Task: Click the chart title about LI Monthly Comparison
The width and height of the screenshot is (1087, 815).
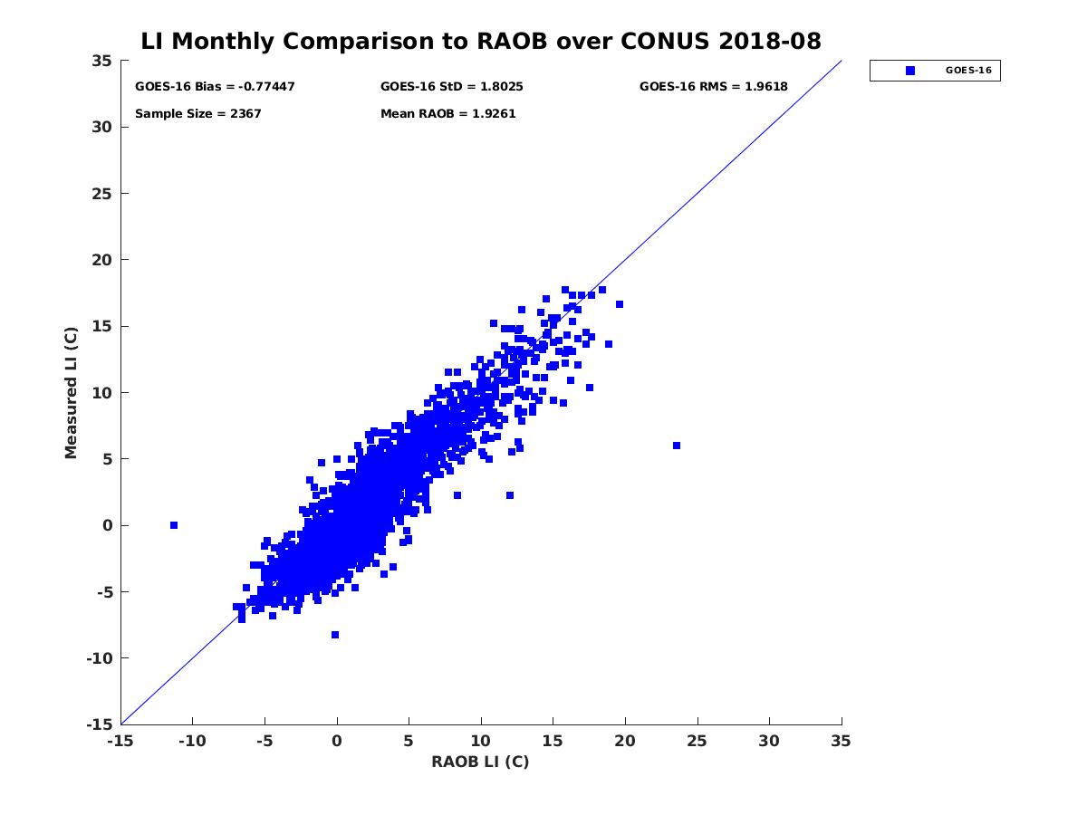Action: pos(481,42)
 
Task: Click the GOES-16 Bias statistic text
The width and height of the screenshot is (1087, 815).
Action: pos(215,87)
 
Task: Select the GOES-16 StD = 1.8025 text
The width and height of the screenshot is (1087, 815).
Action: pos(451,87)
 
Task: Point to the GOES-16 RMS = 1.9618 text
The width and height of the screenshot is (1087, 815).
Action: pos(713,87)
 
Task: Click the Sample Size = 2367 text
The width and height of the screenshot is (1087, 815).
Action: pos(197,114)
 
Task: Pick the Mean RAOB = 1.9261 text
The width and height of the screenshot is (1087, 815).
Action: pos(447,114)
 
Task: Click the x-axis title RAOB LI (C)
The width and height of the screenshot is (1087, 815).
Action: pos(480,762)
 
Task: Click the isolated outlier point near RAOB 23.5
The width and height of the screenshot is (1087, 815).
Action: pos(677,446)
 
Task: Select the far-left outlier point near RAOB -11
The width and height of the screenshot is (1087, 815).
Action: pos(174,525)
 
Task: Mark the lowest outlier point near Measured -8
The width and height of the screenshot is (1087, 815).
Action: pos(335,635)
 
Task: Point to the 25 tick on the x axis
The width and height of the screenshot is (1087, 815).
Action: pos(697,742)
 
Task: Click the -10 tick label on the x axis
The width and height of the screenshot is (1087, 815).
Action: pos(191,742)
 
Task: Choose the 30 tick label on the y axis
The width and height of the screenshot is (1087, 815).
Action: pos(101,127)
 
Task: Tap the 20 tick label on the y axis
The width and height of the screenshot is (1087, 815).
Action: pos(101,260)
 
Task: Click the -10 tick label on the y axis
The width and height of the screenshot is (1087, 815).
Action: pos(99,658)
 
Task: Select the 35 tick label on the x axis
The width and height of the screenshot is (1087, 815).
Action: pos(842,742)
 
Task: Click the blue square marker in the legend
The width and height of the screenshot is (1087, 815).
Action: pos(910,71)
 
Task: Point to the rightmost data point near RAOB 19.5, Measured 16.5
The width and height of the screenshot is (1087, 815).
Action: pos(620,304)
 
